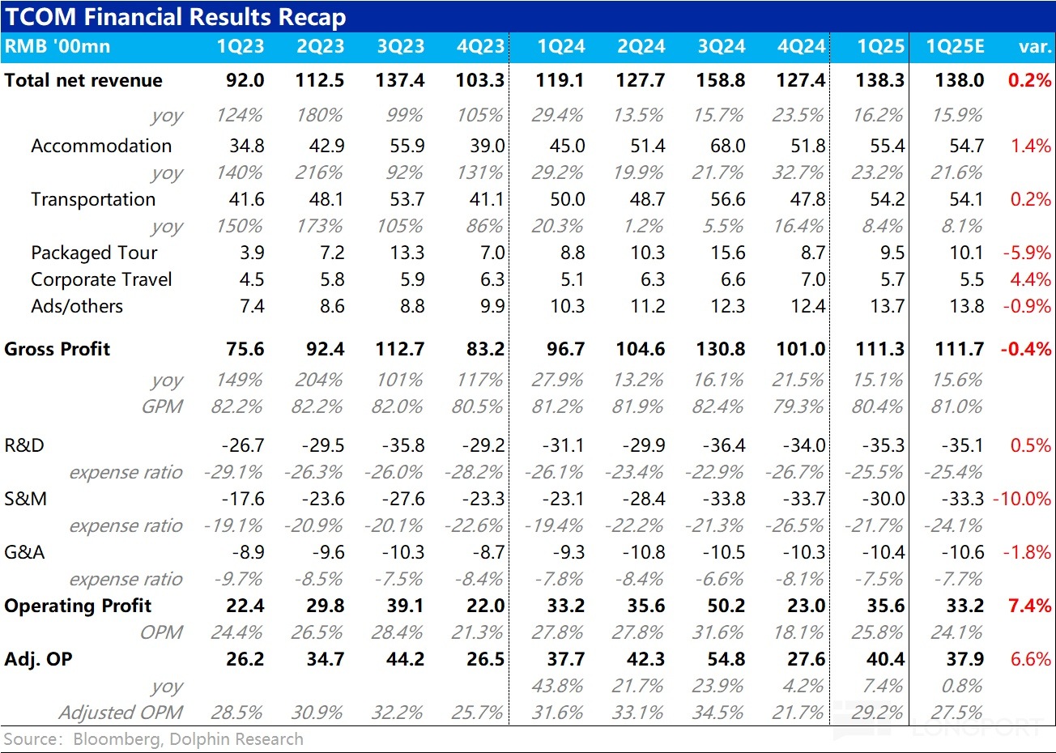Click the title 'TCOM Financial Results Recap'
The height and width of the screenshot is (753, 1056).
tap(175, 16)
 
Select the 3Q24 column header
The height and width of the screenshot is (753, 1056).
tap(721, 47)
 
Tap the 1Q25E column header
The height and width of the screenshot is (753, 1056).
tap(956, 47)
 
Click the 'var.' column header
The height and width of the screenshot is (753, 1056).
tap(1034, 47)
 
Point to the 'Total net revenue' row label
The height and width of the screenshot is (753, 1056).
tap(83, 80)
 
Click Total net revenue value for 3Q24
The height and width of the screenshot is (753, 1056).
tap(721, 80)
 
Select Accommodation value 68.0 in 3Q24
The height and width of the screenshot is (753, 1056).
tap(727, 146)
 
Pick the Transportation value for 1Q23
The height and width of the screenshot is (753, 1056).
tap(246, 199)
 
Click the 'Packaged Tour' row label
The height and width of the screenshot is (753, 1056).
tap(94, 253)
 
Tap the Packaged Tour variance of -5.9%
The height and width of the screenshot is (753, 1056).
tap(1027, 253)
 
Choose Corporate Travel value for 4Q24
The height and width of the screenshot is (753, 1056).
tap(812, 279)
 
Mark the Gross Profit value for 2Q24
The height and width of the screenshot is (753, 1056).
tap(641, 349)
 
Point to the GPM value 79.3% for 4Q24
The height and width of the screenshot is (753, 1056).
tap(798, 406)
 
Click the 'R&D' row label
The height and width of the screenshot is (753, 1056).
tap(24, 445)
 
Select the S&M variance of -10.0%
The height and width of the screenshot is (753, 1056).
tap(1022, 499)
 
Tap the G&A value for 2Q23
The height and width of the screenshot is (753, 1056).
tap(328, 552)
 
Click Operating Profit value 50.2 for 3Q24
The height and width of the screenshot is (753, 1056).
tap(726, 606)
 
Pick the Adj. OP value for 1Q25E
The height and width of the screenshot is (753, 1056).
tap(964, 659)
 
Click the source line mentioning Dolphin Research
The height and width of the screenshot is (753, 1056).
tap(154, 739)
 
